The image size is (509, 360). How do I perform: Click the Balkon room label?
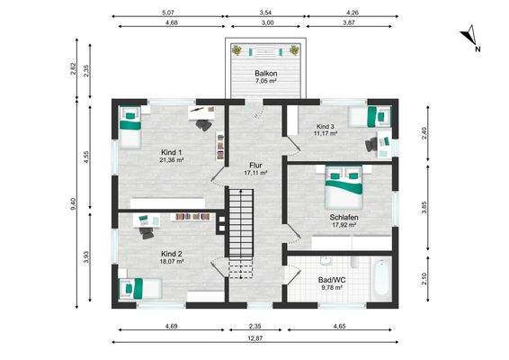click(x=265, y=73)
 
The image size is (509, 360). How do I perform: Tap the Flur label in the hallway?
click(x=255, y=166)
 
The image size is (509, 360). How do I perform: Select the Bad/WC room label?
click(x=332, y=280)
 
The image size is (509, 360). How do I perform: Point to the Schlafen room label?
click(x=344, y=217)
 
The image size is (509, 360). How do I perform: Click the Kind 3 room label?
click(x=326, y=126)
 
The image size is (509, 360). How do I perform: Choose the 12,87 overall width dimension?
click(x=255, y=338)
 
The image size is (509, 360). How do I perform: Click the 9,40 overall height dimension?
click(x=74, y=203)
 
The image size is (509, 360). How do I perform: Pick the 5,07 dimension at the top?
click(x=168, y=13)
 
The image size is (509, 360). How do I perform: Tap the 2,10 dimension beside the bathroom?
click(x=424, y=279)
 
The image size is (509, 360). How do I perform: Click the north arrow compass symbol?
click(x=469, y=36)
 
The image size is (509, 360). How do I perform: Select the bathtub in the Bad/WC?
click(x=380, y=276)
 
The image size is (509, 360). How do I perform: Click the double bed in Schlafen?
click(x=344, y=187)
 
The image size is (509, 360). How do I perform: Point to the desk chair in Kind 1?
click(x=204, y=125)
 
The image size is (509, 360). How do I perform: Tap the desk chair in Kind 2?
click(x=147, y=233)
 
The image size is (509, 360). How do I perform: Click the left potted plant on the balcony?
click(x=237, y=50)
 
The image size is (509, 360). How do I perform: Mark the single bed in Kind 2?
click(x=140, y=289)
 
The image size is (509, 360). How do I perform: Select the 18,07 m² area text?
click(x=172, y=261)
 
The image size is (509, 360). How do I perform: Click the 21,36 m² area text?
click(x=172, y=160)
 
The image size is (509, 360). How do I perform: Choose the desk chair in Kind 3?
click(x=371, y=145)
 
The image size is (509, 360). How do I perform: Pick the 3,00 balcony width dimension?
click(x=267, y=22)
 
